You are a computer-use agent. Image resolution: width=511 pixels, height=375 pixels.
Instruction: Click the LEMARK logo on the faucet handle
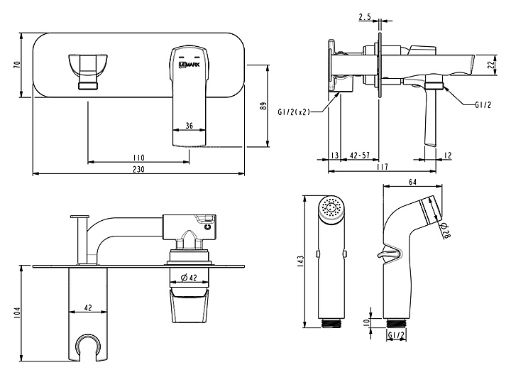(189, 65)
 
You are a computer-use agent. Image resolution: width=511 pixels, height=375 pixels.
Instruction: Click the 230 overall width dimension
(138, 169)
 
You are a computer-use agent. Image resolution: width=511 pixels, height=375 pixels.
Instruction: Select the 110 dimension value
(138, 158)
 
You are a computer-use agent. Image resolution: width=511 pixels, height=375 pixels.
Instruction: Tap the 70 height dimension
(17, 65)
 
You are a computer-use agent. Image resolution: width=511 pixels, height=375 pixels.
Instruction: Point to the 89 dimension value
(263, 106)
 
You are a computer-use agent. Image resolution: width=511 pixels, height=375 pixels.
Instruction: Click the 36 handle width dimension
(189, 125)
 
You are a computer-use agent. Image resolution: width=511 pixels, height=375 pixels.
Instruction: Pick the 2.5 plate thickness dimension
(365, 17)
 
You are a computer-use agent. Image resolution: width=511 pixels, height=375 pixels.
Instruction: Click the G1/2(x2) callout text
(294, 112)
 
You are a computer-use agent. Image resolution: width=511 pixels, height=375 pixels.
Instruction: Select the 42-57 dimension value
(359, 156)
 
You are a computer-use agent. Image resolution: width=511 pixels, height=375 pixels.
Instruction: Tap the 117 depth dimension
(382, 167)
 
